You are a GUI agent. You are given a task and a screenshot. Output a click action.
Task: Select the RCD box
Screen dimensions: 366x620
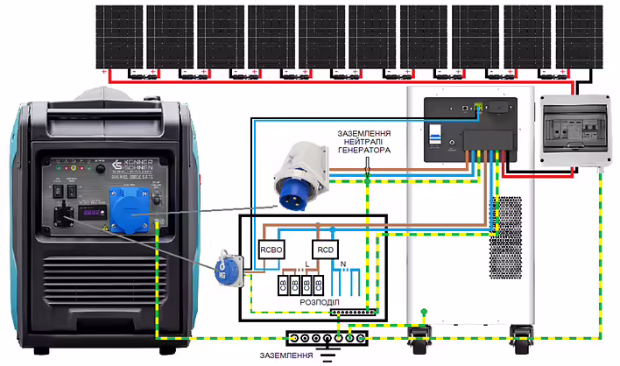pyautogui.click(x=326, y=250)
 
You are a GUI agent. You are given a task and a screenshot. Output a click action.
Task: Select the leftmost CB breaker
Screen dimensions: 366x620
pyautogui.click(x=282, y=285)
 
